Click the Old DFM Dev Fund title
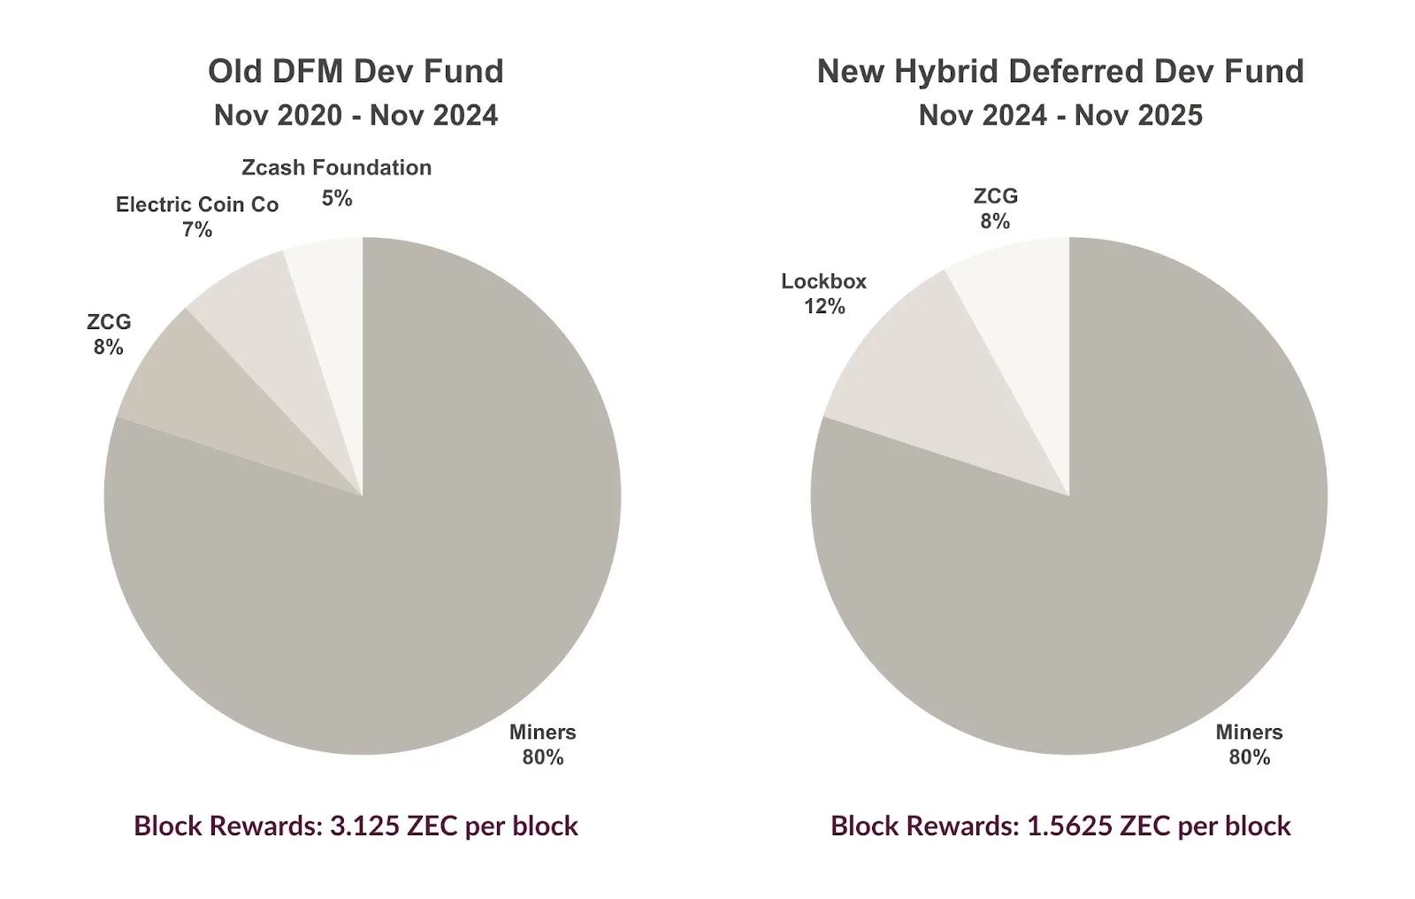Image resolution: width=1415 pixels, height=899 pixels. pyautogui.click(x=356, y=71)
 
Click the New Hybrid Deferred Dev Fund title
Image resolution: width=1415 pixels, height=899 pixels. pyautogui.click(x=1060, y=71)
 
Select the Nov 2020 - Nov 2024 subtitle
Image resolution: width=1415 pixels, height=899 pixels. pyautogui.click(x=356, y=115)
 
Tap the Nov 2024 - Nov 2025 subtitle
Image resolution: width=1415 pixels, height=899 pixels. pyautogui.click(x=1060, y=115)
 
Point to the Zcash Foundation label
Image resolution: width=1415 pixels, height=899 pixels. pyautogui.click(x=337, y=167)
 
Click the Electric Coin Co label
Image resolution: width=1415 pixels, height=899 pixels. pyautogui.click(x=197, y=204)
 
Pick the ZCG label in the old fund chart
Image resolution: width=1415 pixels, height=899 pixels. pyautogui.click(x=109, y=322)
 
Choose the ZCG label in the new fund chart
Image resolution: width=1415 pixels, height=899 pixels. pyautogui.click(x=996, y=196)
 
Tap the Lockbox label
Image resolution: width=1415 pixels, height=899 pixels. pyautogui.click(x=823, y=281)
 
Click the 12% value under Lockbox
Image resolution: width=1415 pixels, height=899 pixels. pyautogui.click(x=823, y=307)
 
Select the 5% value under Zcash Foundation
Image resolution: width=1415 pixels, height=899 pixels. pyautogui.click(x=337, y=198)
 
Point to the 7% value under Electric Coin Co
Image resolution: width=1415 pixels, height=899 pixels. pyautogui.click(x=197, y=229)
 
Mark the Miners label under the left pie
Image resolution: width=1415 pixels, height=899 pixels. pyautogui.click(x=543, y=732)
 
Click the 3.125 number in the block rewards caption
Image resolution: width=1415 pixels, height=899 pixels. pyautogui.click(x=365, y=826)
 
